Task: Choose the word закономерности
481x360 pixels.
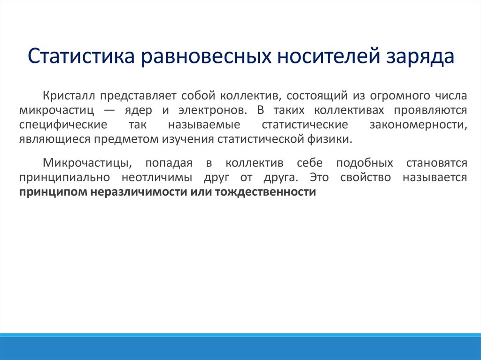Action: click(419, 125)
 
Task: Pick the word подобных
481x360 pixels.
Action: click(365, 163)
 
